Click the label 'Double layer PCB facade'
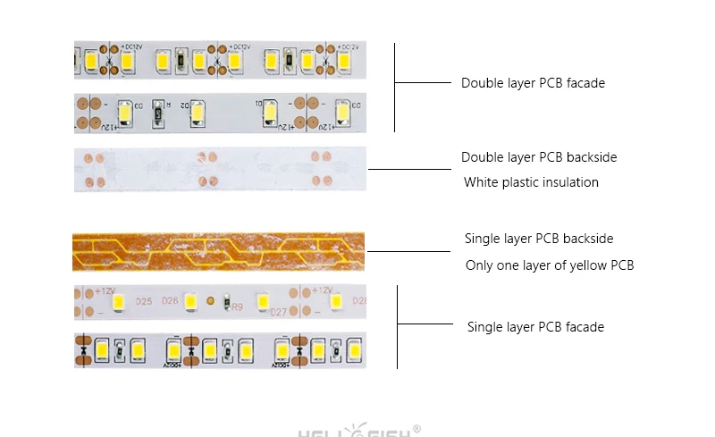coord(533,83)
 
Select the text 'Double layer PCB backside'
coord(539,157)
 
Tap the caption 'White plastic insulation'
coord(531,182)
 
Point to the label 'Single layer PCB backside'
coord(539,239)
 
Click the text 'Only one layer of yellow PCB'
coord(550,265)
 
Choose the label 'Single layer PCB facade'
coord(535,327)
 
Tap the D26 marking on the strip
coord(170,300)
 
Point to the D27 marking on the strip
coord(278,314)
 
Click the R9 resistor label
coord(238,307)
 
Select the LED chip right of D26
coord(190,300)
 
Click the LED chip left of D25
coord(118,300)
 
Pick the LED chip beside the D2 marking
coord(201,113)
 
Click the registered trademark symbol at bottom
coord(416,428)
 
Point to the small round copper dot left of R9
coord(211,300)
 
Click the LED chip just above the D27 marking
coord(263,300)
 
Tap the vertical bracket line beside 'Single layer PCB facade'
coord(397,326)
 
